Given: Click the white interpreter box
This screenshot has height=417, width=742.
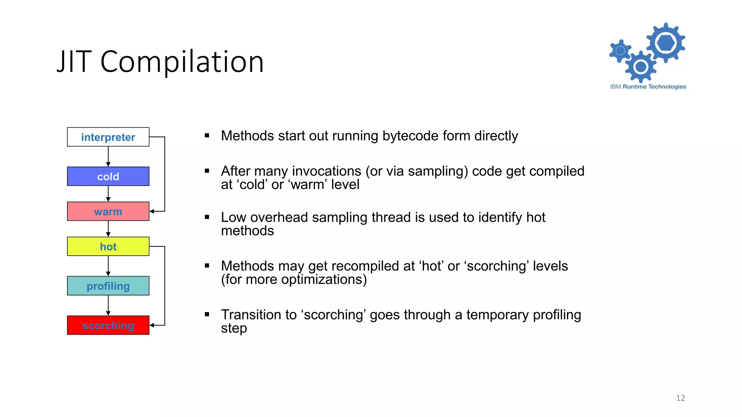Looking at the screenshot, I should point(108,137).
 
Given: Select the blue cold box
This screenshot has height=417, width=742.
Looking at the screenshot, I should point(108,176).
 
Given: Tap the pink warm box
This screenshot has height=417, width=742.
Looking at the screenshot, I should point(108,211).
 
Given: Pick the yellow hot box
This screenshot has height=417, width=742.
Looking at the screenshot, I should point(108,247).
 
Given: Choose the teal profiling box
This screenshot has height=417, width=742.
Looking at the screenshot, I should point(108,286).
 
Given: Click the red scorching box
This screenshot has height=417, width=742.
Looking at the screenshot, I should point(108,325).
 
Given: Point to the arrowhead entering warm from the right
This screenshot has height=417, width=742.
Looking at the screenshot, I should point(152,211).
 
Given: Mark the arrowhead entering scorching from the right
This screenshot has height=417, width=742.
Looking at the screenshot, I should point(152,325).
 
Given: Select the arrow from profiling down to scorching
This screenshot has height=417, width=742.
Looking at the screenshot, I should point(108,305).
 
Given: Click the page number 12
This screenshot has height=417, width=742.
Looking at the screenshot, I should point(680,398).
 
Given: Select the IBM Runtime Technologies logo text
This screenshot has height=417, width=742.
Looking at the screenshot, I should point(648,87).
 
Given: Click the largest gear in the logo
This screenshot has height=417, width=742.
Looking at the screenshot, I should point(666,43).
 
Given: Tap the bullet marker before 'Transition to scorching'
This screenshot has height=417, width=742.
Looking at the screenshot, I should point(207,314).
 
